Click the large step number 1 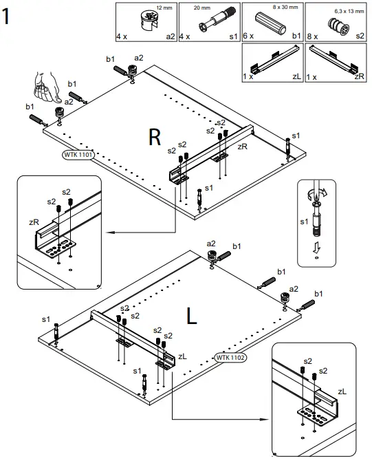(x=6, y=17)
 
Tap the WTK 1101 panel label (x=78, y=154)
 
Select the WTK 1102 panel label (x=230, y=358)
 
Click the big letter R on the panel (x=155, y=138)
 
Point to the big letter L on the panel (x=191, y=316)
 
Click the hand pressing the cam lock (x=46, y=87)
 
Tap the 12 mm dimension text (x=164, y=8)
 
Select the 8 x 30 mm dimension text (x=285, y=7)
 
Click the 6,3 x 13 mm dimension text (x=349, y=11)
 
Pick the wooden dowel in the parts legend (x=271, y=23)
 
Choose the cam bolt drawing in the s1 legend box (x=217, y=20)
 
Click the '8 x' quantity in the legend (x=312, y=36)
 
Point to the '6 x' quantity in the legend (x=248, y=36)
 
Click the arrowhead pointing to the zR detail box (x=110, y=233)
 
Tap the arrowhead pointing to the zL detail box (x=265, y=419)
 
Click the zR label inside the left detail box (x=34, y=222)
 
